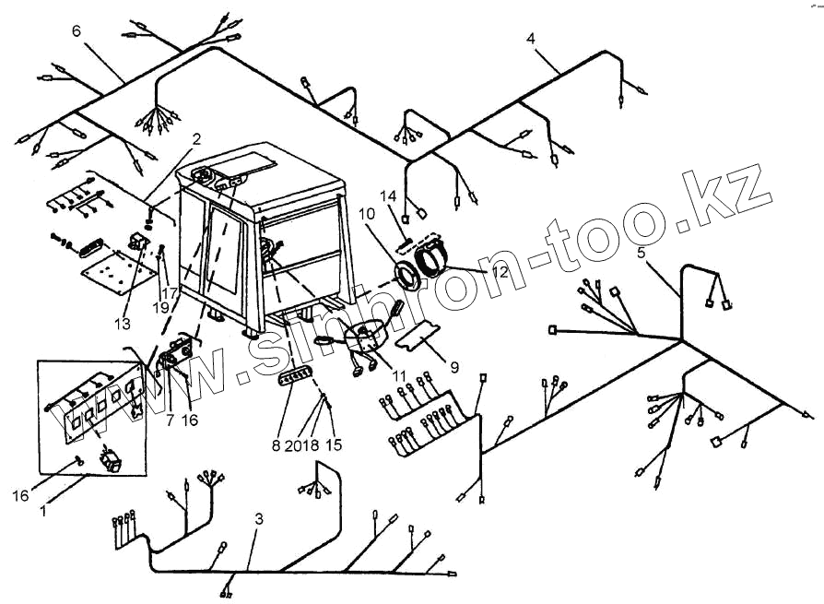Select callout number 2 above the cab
pos(195,139)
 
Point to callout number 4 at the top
pos(531,39)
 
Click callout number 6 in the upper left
pos(77,30)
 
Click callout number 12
pos(500,272)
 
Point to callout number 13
pos(123,323)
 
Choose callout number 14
pos(388,195)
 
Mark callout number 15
pos(334,444)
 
